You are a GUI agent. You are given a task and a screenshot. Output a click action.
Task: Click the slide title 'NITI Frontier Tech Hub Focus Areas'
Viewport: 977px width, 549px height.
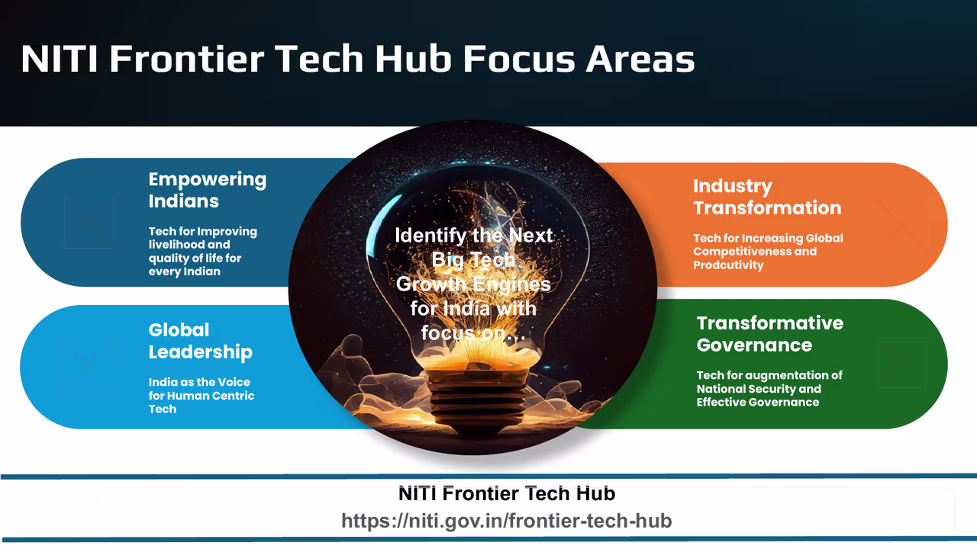pos(357,59)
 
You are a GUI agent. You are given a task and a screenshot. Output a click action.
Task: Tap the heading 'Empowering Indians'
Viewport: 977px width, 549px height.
pos(207,191)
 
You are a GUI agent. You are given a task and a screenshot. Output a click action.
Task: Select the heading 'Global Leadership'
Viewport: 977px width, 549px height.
pos(200,341)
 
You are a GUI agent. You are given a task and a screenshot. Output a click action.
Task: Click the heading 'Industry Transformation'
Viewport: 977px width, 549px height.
pos(766,197)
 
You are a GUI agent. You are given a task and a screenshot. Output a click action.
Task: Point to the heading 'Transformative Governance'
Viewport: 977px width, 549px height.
pos(769,334)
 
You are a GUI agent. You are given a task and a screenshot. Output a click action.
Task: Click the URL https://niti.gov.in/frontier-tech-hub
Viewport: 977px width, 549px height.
pos(506,521)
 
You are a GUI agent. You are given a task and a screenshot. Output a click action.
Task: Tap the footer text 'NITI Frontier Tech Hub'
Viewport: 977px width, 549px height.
pos(506,494)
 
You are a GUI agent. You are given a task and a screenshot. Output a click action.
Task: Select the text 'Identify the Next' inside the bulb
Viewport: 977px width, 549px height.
pos(473,236)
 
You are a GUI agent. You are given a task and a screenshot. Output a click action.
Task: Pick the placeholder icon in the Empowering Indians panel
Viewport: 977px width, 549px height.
pos(89,223)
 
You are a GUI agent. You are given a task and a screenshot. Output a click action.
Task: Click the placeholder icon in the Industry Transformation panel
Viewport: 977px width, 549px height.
pos(902,223)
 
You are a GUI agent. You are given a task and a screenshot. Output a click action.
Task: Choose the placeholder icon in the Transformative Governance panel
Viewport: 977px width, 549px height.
pos(901,363)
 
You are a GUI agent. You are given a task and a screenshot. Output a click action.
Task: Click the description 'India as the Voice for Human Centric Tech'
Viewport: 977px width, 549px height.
pos(200,396)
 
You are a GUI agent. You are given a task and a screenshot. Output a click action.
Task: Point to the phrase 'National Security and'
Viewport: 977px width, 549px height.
pos(759,389)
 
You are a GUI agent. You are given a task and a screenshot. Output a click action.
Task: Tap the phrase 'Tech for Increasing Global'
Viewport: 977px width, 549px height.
pos(768,238)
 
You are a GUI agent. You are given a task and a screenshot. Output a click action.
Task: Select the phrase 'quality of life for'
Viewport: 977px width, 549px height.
pos(195,258)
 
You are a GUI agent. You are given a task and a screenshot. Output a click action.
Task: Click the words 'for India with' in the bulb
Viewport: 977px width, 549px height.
pos(473,309)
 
